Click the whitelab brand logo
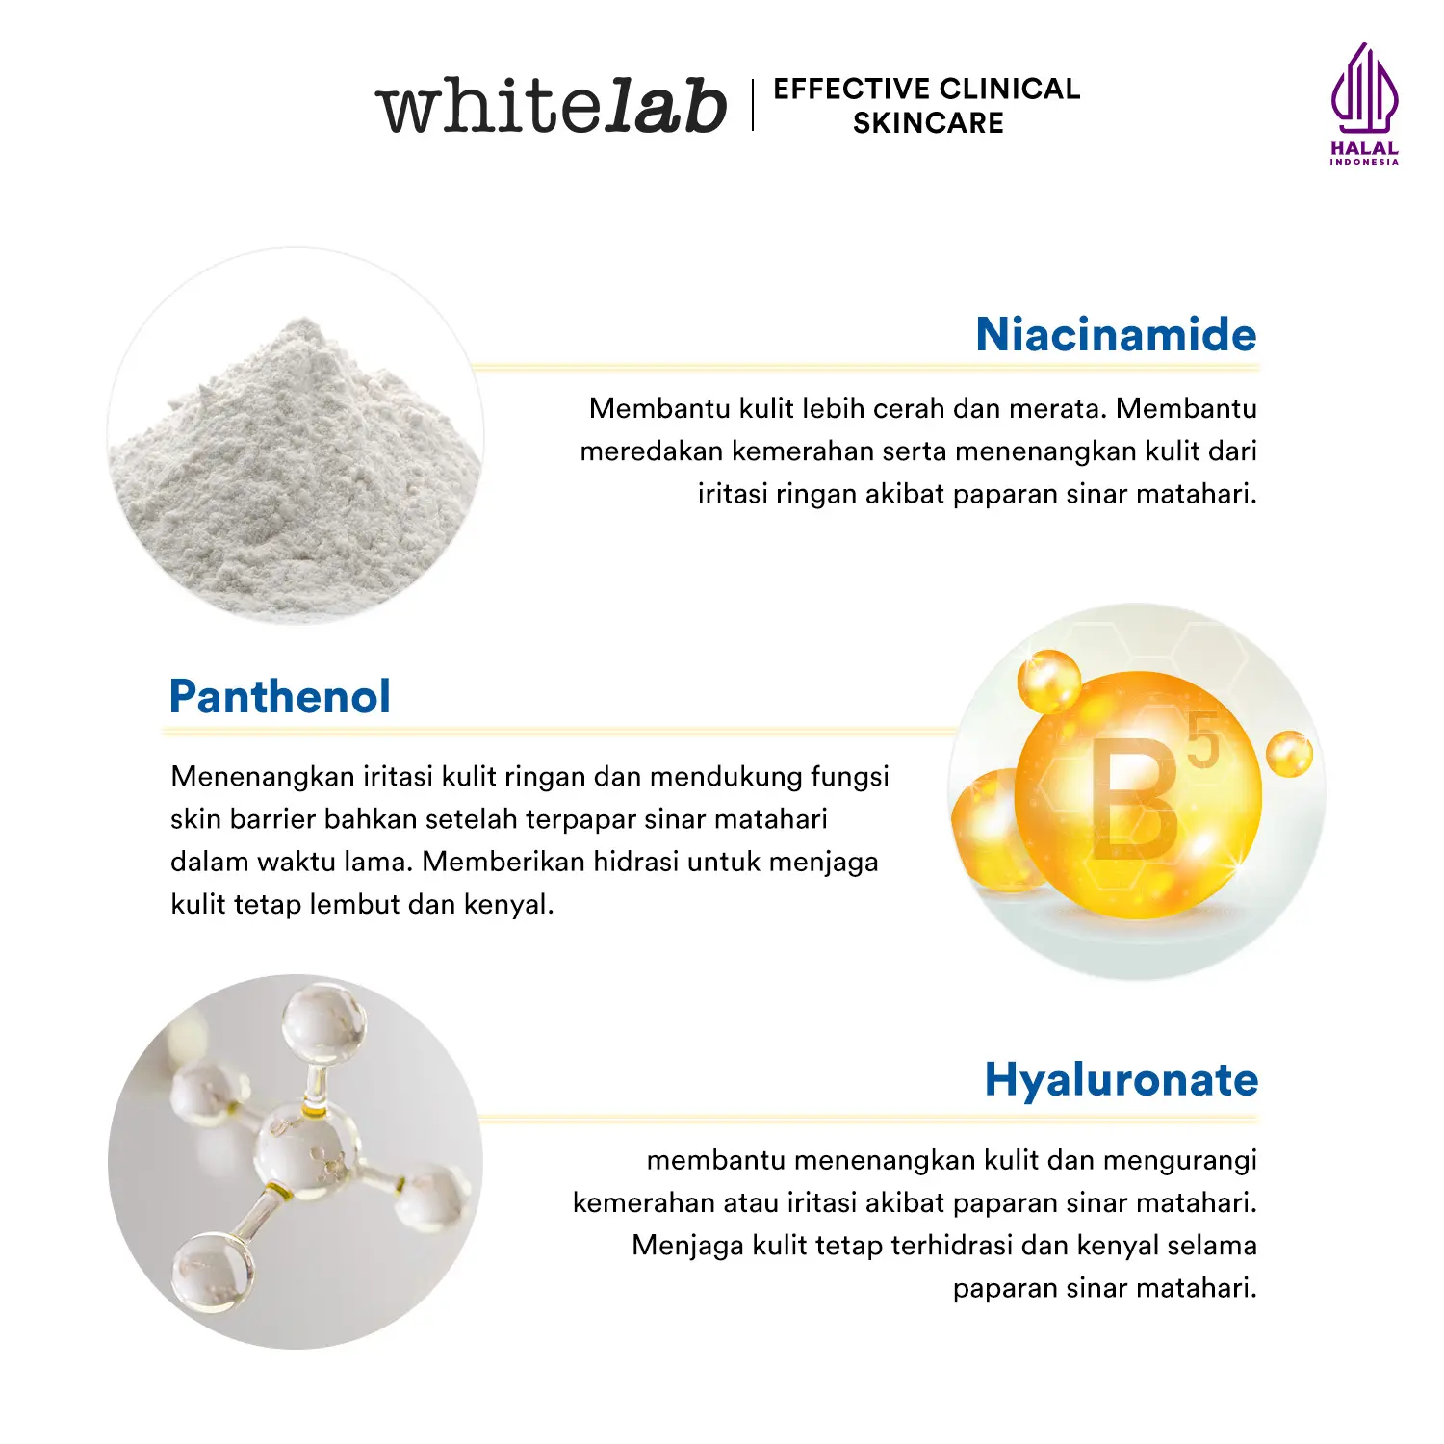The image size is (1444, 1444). [x=551, y=105]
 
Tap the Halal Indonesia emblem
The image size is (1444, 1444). [x=1364, y=104]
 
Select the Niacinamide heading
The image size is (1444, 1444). [x=1117, y=334]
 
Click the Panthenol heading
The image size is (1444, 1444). [x=280, y=696]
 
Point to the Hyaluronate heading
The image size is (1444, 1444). [x=1122, y=1080]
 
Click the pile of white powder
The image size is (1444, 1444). [x=295, y=462]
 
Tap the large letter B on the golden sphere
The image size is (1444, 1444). [x=1136, y=798]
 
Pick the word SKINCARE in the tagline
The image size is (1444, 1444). [x=928, y=123]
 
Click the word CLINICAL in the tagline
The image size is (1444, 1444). [x=1010, y=89]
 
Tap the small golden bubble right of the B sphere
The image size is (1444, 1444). [x=1289, y=754]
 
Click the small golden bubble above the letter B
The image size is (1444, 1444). [x=1048, y=682]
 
